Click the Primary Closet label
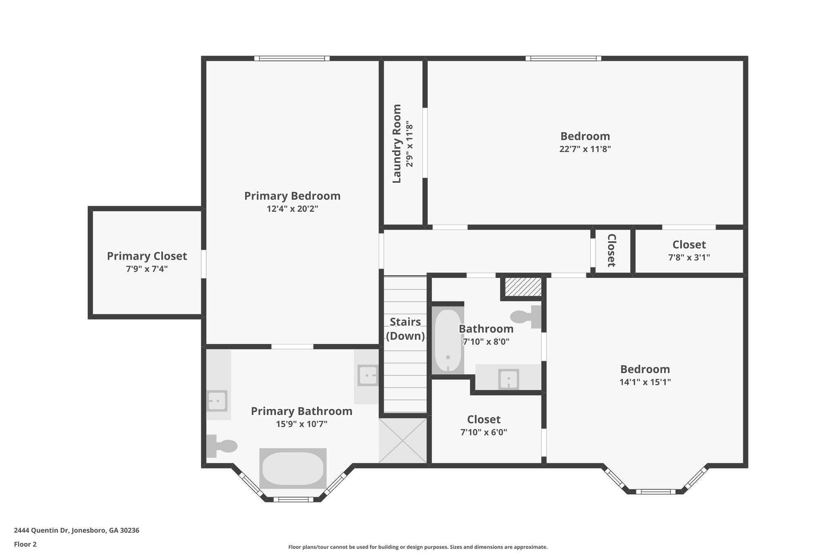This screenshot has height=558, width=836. (147, 256)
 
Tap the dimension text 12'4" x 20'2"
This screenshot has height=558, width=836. (292, 209)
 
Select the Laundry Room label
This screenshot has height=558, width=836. (397, 143)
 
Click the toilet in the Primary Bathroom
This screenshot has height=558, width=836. (222, 446)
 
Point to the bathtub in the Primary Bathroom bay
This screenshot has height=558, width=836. (293, 468)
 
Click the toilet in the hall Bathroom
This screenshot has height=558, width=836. (526, 316)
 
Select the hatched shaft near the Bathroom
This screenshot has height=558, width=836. (523, 287)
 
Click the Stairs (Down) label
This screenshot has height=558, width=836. (405, 329)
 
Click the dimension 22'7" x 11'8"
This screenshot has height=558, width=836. (585, 149)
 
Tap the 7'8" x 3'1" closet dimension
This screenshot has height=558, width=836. (689, 258)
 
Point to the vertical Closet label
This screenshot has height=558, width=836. (611, 250)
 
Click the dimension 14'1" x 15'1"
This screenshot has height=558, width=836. (645, 382)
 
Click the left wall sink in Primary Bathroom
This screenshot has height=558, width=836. (217, 401)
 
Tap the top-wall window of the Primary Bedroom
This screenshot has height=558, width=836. (292, 58)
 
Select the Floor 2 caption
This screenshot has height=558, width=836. (25, 544)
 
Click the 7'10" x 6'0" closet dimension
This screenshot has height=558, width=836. (484, 433)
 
